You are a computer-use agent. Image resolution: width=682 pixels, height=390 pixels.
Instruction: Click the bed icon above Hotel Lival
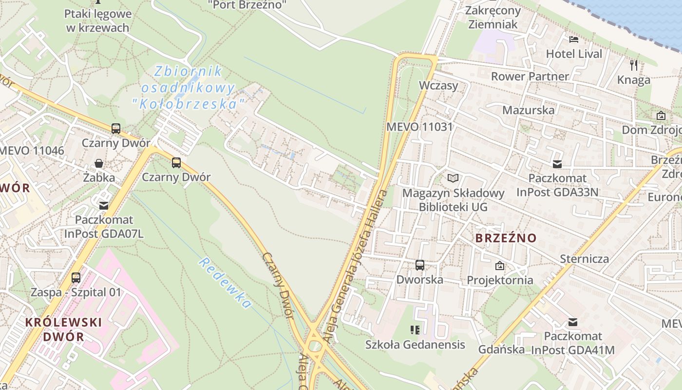(574, 39)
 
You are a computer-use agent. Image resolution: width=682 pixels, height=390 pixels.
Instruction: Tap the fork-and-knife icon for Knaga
(633, 64)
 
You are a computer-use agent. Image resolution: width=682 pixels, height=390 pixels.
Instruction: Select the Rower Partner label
(530, 76)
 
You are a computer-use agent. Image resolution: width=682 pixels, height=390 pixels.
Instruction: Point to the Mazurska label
(528, 110)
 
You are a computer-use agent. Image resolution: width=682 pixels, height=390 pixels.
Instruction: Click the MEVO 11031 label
(419, 127)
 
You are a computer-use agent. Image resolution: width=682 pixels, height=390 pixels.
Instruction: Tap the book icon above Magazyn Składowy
(453, 178)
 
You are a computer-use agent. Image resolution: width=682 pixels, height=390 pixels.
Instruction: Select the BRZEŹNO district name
(506, 238)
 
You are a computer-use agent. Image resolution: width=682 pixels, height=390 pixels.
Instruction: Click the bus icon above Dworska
(420, 265)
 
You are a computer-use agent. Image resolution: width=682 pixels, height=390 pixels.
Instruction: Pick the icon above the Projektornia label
(499, 266)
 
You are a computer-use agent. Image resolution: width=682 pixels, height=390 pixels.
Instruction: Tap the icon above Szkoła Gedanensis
(415, 330)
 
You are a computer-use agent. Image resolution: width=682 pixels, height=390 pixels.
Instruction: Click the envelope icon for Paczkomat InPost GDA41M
(573, 322)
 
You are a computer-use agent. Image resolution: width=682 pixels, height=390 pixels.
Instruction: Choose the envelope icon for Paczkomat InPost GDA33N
(557, 164)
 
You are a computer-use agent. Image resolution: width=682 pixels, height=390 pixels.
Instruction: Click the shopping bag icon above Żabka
(99, 163)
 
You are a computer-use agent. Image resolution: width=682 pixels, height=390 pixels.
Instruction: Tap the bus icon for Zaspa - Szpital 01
(76, 278)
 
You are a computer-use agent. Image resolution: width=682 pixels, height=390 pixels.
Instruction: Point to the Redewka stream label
(225, 283)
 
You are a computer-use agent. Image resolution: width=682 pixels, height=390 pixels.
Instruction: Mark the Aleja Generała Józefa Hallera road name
(359, 266)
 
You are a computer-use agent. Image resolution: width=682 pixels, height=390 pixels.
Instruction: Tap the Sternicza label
(584, 258)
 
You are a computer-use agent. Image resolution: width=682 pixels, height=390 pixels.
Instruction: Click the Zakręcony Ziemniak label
(493, 17)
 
